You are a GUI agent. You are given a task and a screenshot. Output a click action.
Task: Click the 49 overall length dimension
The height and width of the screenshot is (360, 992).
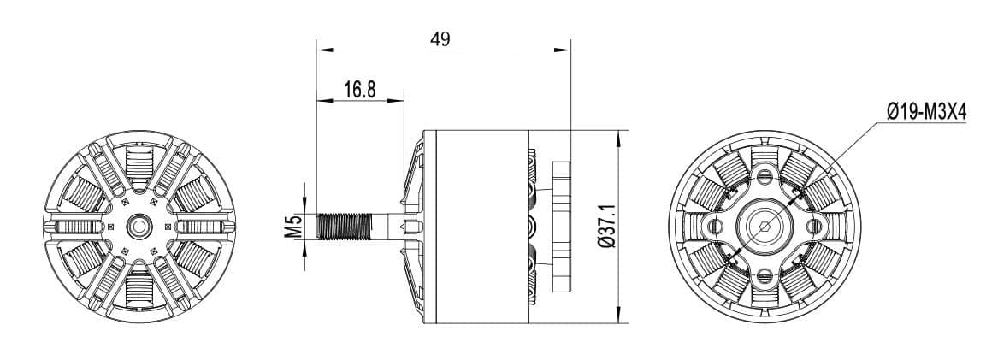point(440,39)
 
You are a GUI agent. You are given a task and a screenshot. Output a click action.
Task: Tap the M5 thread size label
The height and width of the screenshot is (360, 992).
point(293,227)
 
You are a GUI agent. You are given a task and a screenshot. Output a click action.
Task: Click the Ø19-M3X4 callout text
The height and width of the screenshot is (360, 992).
point(926,112)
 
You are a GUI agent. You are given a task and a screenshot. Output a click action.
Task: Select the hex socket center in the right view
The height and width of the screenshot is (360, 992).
point(764,227)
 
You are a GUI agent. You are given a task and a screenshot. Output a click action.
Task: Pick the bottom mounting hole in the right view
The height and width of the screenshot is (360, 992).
point(764,275)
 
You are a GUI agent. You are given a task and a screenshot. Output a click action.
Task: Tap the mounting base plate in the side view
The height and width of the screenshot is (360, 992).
point(562,227)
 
